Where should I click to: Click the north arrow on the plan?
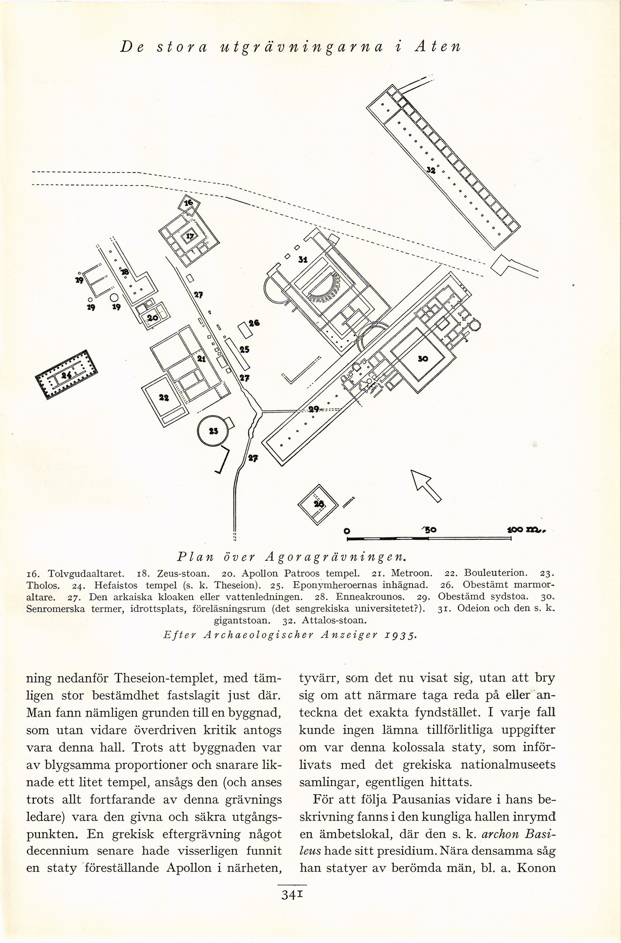coord(426,486)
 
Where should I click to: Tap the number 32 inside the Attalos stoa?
coord(431,171)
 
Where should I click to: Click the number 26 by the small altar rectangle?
coord(254,323)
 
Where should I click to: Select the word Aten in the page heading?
coord(437,47)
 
